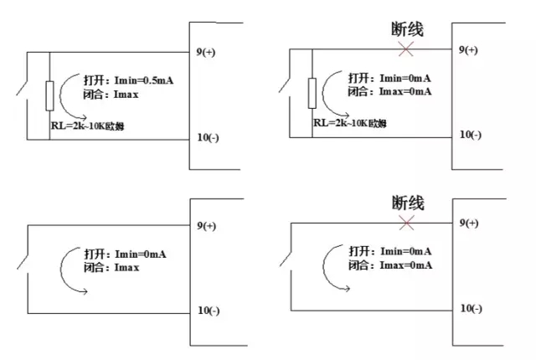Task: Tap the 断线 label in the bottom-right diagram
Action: coord(408,202)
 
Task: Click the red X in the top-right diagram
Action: coord(406,50)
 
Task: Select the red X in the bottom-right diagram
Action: coord(407,223)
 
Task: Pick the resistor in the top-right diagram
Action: coord(312,93)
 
